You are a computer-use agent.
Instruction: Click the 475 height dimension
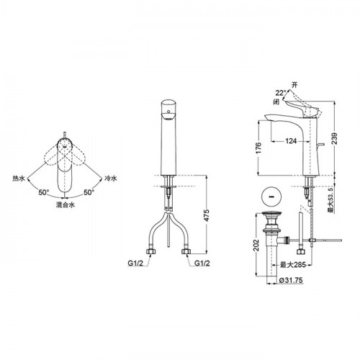[x=207, y=215]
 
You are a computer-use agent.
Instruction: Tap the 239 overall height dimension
[x=334, y=138]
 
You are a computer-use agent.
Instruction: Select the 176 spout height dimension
[x=258, y=148]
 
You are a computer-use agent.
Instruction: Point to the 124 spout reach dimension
[x=291, y=141]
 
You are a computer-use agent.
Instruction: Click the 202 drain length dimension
[x=256, y=245]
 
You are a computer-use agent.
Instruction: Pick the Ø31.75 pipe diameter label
[x=291, y=280]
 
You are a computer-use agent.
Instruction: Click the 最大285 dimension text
[x=293, y=265]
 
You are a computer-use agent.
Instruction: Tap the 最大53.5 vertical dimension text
[x=331, y=199]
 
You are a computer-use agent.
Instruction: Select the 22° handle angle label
[x=281, y=93]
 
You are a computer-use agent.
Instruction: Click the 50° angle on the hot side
[x=44, y=192]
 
